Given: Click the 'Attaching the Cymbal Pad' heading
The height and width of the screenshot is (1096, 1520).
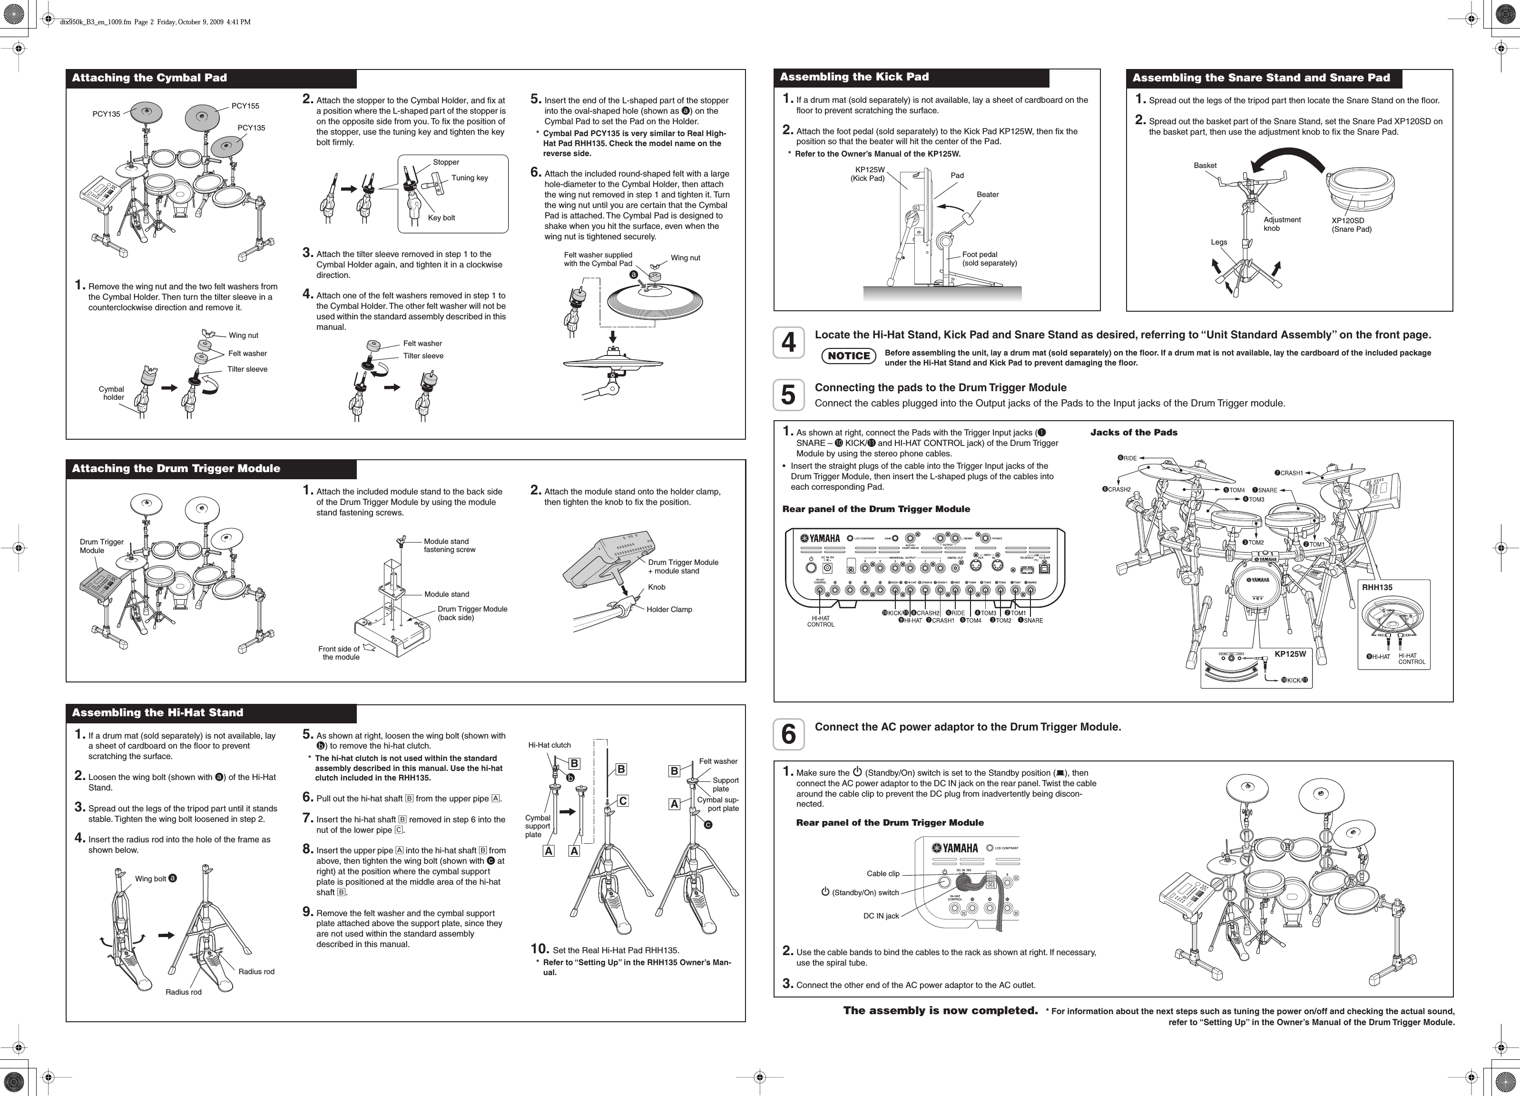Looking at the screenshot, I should [149, 78].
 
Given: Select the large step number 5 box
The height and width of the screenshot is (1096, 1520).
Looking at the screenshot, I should [789, 395].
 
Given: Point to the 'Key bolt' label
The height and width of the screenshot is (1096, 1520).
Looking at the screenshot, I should [441, 218].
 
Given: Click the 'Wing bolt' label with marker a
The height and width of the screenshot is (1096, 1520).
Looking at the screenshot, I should [155, 878].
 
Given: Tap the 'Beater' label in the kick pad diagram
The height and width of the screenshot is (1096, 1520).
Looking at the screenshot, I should [987, 194].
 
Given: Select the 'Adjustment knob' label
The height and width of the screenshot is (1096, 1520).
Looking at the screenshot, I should [1281, 224].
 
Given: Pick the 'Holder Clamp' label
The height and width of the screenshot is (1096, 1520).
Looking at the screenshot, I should [669, 609].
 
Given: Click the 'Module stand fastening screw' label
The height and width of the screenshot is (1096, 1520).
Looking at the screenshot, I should [449, 545].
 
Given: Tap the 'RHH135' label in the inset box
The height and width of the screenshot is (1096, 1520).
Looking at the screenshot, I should [1377, 587].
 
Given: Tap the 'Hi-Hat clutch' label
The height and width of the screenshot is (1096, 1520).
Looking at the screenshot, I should [549, 745].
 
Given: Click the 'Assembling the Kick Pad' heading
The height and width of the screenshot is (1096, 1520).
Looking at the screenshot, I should [854, 77].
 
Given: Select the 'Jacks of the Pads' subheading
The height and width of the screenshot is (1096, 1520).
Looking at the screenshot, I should [1133, 433].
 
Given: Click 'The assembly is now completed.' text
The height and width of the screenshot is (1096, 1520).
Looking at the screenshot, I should [940, 1010].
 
